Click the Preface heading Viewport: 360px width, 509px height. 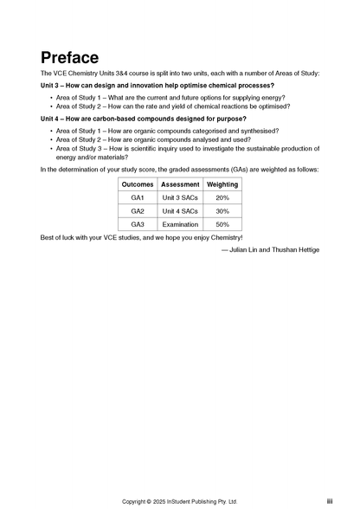click(69, 57)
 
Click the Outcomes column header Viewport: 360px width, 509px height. click(138, 184)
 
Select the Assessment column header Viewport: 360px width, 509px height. click(181, 184)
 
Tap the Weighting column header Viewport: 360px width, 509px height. click(222, 184)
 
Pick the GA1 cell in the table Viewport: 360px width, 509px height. click(138, 197)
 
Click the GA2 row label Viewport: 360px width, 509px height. click(138, 210)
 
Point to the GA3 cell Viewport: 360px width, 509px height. click(138, 224)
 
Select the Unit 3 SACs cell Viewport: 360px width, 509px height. click(181, 197)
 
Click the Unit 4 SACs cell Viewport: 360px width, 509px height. click(181, 210)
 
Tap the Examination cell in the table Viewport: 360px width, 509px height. click(181, 224)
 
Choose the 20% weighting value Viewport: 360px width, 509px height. click(222, 197)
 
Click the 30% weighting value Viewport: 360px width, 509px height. click(222, 210)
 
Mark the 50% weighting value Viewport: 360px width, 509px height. click(222, 224)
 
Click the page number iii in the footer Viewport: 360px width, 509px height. click(330, 501)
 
